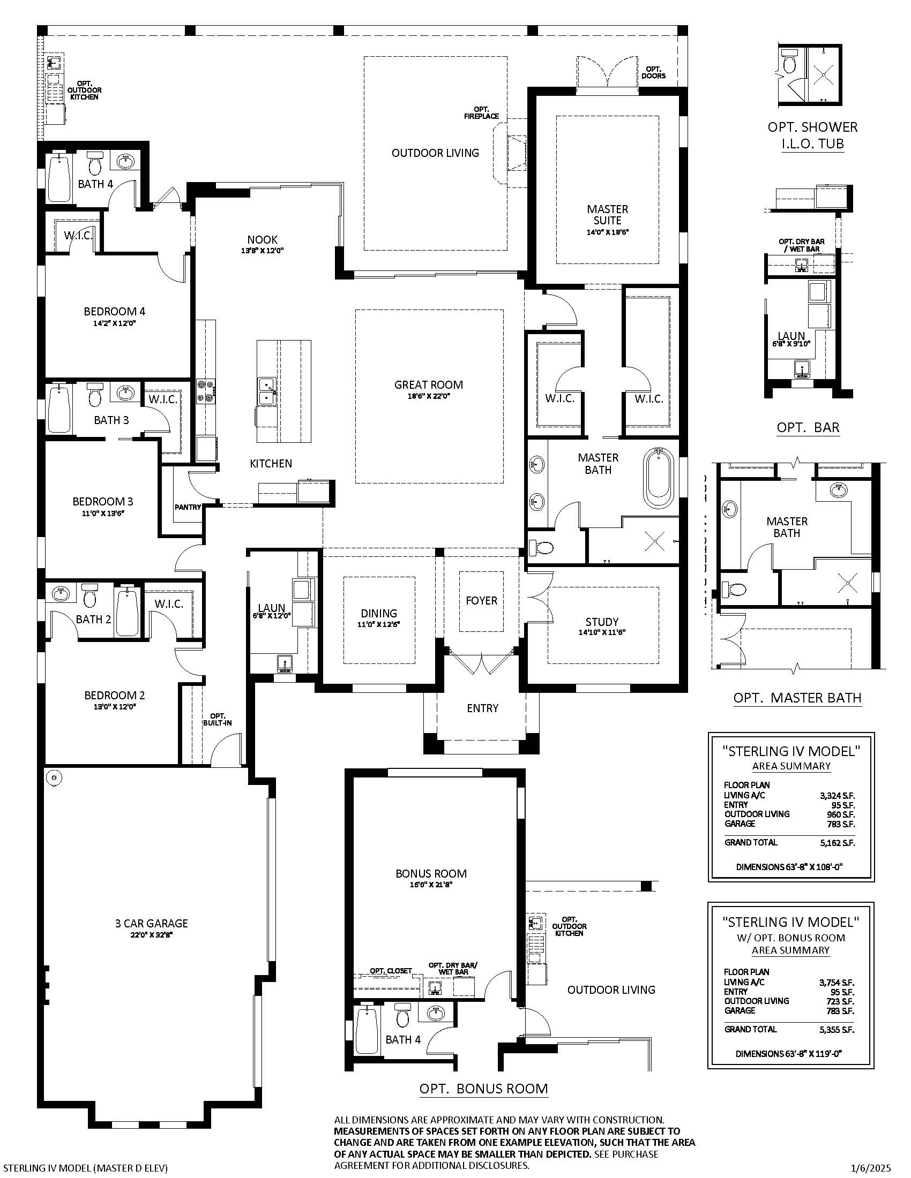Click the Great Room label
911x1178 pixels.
(429, 384)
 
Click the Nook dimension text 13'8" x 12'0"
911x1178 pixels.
(262, 251)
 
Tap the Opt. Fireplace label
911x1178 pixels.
(481, 113)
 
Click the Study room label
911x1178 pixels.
(602, 622)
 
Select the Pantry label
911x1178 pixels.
(188, 507)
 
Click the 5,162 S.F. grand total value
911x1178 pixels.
(837, 843)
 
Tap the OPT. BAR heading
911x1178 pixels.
(809, 428)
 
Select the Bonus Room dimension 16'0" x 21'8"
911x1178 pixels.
(431, 885)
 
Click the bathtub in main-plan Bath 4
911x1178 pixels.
(59, 178)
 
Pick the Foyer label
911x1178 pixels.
(481, 600)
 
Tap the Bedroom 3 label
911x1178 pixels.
(102, 502)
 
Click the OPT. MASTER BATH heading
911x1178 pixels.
(797, 698)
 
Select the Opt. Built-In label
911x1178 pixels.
(217, 719)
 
